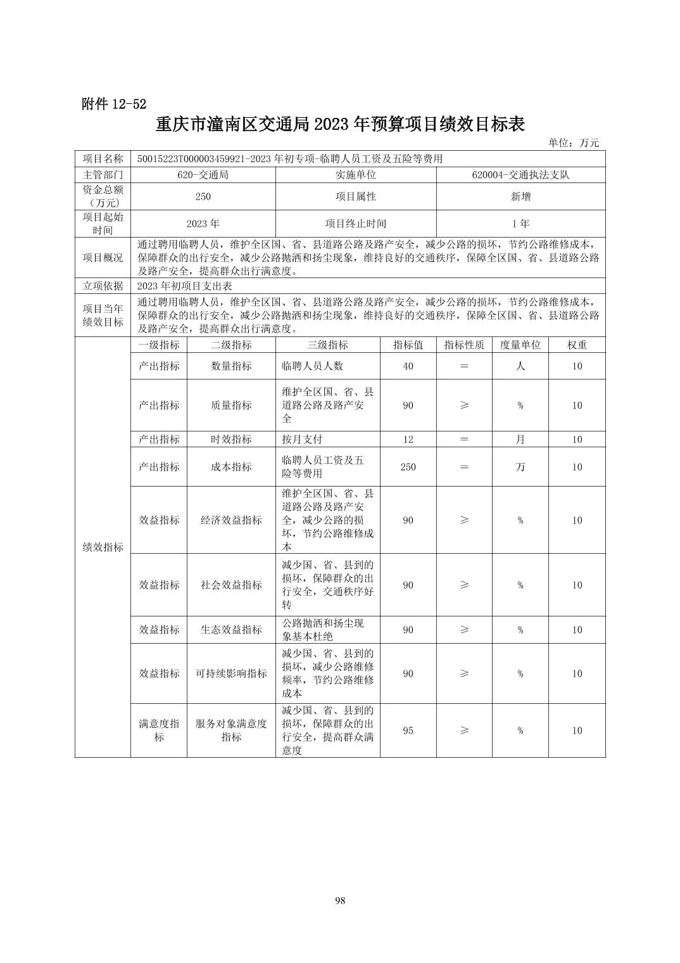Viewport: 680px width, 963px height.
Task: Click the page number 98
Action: click(x=340, y=901)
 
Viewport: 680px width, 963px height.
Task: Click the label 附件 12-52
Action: click(x=114, y=105)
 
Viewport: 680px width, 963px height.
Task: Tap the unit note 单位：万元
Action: click(x=573, y=143)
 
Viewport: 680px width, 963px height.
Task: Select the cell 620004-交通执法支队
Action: click(x=520, y=175)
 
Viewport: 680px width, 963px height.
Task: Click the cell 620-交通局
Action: click(x=203, y=175)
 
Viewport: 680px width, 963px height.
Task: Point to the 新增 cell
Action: click(x=520, y=196)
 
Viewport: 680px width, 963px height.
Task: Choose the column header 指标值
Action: click(x=408, y=345)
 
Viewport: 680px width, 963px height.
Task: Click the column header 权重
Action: click(x=577, y=345)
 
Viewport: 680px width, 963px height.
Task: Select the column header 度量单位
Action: click(x=520, y=345)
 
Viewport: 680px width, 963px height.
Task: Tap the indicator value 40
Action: click(x=408, y=366)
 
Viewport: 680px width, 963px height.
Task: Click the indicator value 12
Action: click(x=408, y=439)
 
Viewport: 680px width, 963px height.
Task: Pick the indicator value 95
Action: click(x=408, y=730)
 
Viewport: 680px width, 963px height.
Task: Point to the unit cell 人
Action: click(x=520, y=366)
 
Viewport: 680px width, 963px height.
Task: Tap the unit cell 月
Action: click(x=520, y=439)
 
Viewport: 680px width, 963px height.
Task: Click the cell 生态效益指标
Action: click(x=231, y=630)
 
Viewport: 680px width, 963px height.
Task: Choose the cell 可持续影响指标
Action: click(x=231, y=673)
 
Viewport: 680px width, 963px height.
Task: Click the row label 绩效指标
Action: click(x=103, y=547)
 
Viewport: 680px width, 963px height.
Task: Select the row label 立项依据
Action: click(x=103, y=286)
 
